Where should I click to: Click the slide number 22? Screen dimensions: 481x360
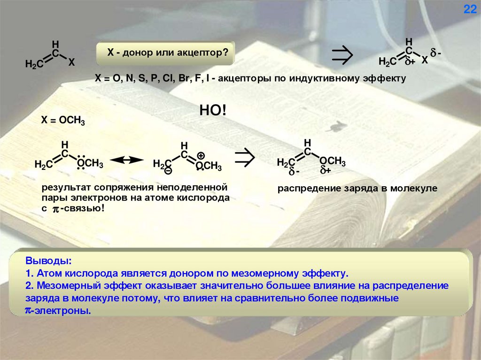pyautogui.click(x=470, y=10)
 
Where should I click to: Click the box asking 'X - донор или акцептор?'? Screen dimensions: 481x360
pyautogui.click(x=165, y=54)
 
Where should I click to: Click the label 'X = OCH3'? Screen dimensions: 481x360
pyautogui.click(x=63, y=121)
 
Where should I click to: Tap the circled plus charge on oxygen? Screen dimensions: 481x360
pyautogui.click(x=201, y=155)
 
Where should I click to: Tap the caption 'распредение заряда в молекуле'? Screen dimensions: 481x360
pyautogui.click(x=357, y=188)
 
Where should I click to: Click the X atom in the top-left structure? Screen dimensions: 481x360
pyautogui.click(x=71, y=62)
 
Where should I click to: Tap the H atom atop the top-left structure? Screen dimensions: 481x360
pyautogui.click(x=55, y=44)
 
